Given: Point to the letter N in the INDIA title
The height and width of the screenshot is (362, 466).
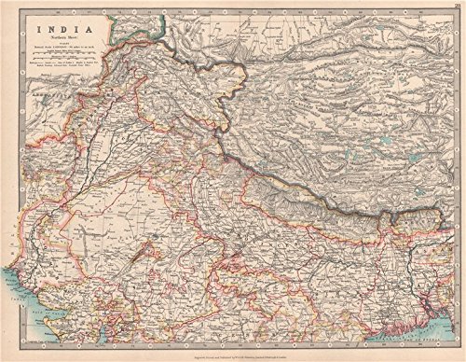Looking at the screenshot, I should click(x=48, y=28).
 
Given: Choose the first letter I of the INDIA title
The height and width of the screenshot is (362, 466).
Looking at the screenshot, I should click(x=38, y=28).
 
